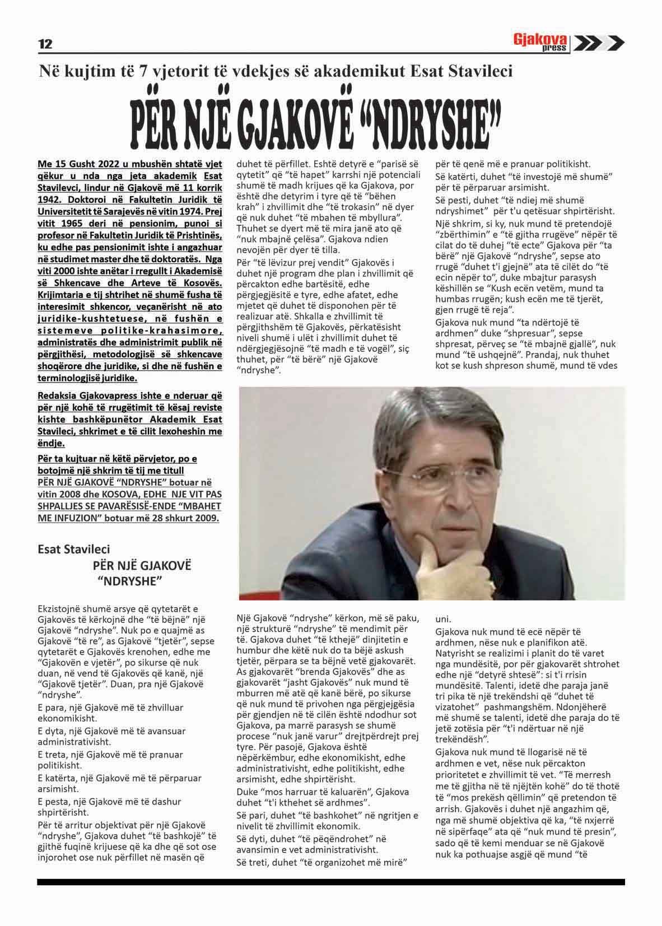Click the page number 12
(x=45, y=44)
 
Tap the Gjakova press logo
(x=541, y=43)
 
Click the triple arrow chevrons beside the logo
(x=599, y=43)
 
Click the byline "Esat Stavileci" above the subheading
(x=73, y=550)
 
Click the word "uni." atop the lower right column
(x=444, y=619)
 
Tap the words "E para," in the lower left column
(x=54, y=708)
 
